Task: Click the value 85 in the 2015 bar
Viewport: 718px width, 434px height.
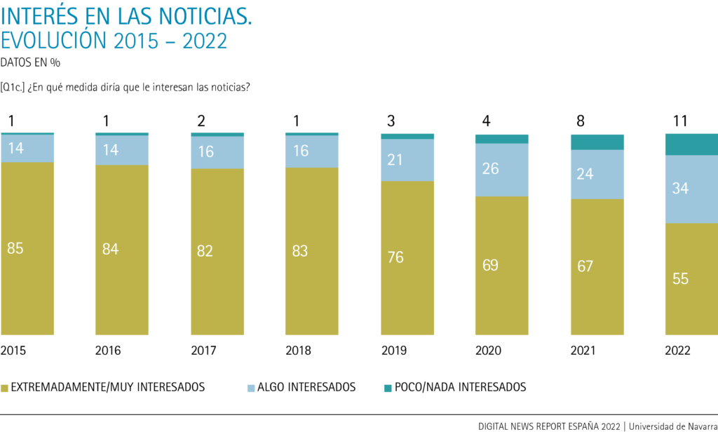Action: (x=15, y=248)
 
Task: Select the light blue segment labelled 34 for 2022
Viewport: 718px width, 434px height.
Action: (x=691, y=189)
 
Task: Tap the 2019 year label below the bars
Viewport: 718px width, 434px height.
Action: (x=395, y=350)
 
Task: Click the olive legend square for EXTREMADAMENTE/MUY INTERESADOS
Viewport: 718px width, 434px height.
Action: (x=5, y=387)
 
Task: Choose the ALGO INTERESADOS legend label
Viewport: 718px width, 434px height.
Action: (x=306, y=387)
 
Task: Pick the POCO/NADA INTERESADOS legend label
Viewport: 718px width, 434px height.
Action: (x=460, y=387)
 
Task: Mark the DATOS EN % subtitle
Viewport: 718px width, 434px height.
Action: (x=30, y=62)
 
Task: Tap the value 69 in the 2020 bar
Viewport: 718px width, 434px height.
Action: (x=490, y=266)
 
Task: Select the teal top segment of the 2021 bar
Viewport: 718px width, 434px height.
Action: (x=597, y=142)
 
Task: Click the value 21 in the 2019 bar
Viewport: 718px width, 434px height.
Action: (x=395, y=160)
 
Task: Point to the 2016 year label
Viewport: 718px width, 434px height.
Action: (x=109, y=350)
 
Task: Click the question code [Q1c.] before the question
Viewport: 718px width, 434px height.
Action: (x=14, y=87)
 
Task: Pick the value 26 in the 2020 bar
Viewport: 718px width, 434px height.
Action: (x=490, y=169)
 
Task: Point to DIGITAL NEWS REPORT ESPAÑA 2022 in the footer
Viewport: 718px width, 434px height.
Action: (x=550, y=426)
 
